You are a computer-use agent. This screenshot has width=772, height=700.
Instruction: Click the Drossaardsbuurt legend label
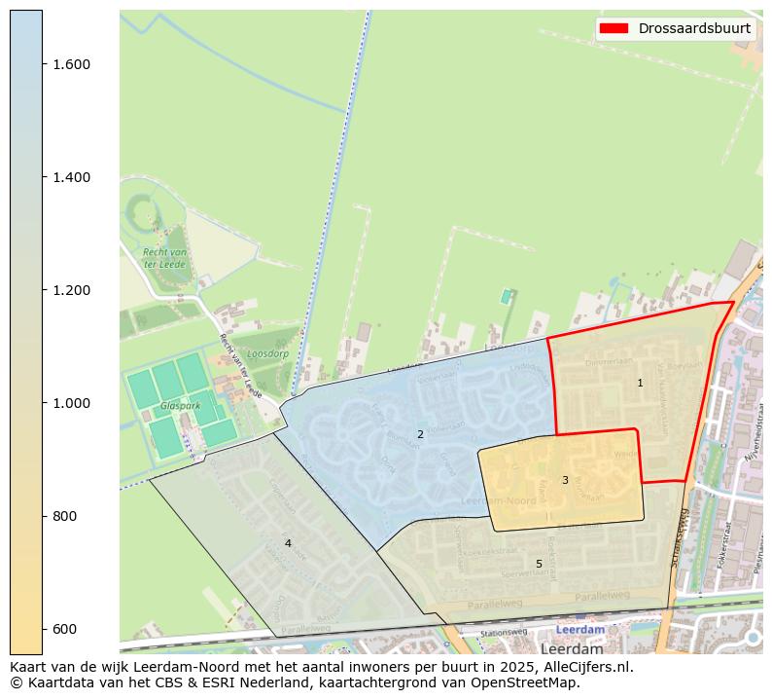tap(694, 28)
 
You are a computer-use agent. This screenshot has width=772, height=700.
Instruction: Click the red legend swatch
tap(615, 28)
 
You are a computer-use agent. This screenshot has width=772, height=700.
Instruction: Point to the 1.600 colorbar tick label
tap(72, 64)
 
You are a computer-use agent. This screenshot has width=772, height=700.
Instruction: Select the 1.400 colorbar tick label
tap(72, 177)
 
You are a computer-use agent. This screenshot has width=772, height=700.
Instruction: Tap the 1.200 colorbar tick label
tap(72, 290)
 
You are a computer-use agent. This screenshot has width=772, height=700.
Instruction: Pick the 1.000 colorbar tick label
tap(72, 403)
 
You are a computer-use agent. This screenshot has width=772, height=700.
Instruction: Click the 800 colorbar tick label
tap(65, 516)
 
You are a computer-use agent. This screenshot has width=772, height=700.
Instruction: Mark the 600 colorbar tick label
tap(65, 629)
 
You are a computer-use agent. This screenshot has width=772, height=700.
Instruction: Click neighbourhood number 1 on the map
tap(640, 383)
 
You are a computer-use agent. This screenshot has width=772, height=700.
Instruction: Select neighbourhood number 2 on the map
tap(420, 434)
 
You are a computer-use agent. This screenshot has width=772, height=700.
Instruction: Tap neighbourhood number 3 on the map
tap(565, 480)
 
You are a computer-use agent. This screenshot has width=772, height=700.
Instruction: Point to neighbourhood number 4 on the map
tap(288, 543)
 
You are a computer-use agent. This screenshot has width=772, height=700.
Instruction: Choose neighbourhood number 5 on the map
tap(539, 564)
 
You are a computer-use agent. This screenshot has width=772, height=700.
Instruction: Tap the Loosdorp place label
tap(267, 354)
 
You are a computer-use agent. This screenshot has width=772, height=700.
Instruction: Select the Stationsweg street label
tap(503, 632)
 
